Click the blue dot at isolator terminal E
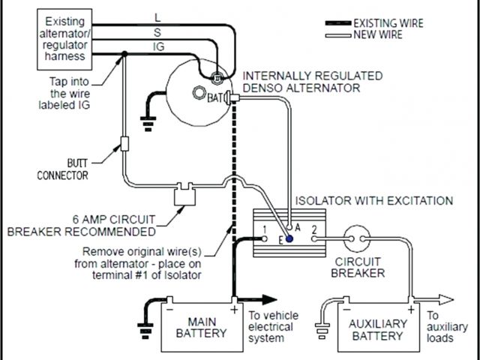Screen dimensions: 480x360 point(289,238)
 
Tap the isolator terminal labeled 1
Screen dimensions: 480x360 point(265,238)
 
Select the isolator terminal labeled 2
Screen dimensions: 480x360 point(314,238)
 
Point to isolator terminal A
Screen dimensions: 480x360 point(289,228)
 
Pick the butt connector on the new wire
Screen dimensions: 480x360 point(124,143)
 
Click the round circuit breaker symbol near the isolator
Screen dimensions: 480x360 point(357,238)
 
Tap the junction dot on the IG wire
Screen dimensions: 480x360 point(124,54)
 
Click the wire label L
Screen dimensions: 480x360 point(157,18)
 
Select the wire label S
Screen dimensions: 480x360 point(157,32)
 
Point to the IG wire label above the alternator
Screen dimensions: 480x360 point(158,46)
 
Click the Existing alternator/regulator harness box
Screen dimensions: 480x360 point(64,39)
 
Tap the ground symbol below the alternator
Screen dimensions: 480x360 point(148,123)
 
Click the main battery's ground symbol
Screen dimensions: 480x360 point(145,331)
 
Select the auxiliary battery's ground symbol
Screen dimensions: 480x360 point(322,331)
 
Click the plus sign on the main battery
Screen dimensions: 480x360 point(234,310)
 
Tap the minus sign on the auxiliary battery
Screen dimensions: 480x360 point(346,310)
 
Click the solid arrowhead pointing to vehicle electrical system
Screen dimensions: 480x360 point(269,300)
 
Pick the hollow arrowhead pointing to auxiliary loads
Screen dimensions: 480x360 point(446,300)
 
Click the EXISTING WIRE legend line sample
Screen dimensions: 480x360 point(338,23)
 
